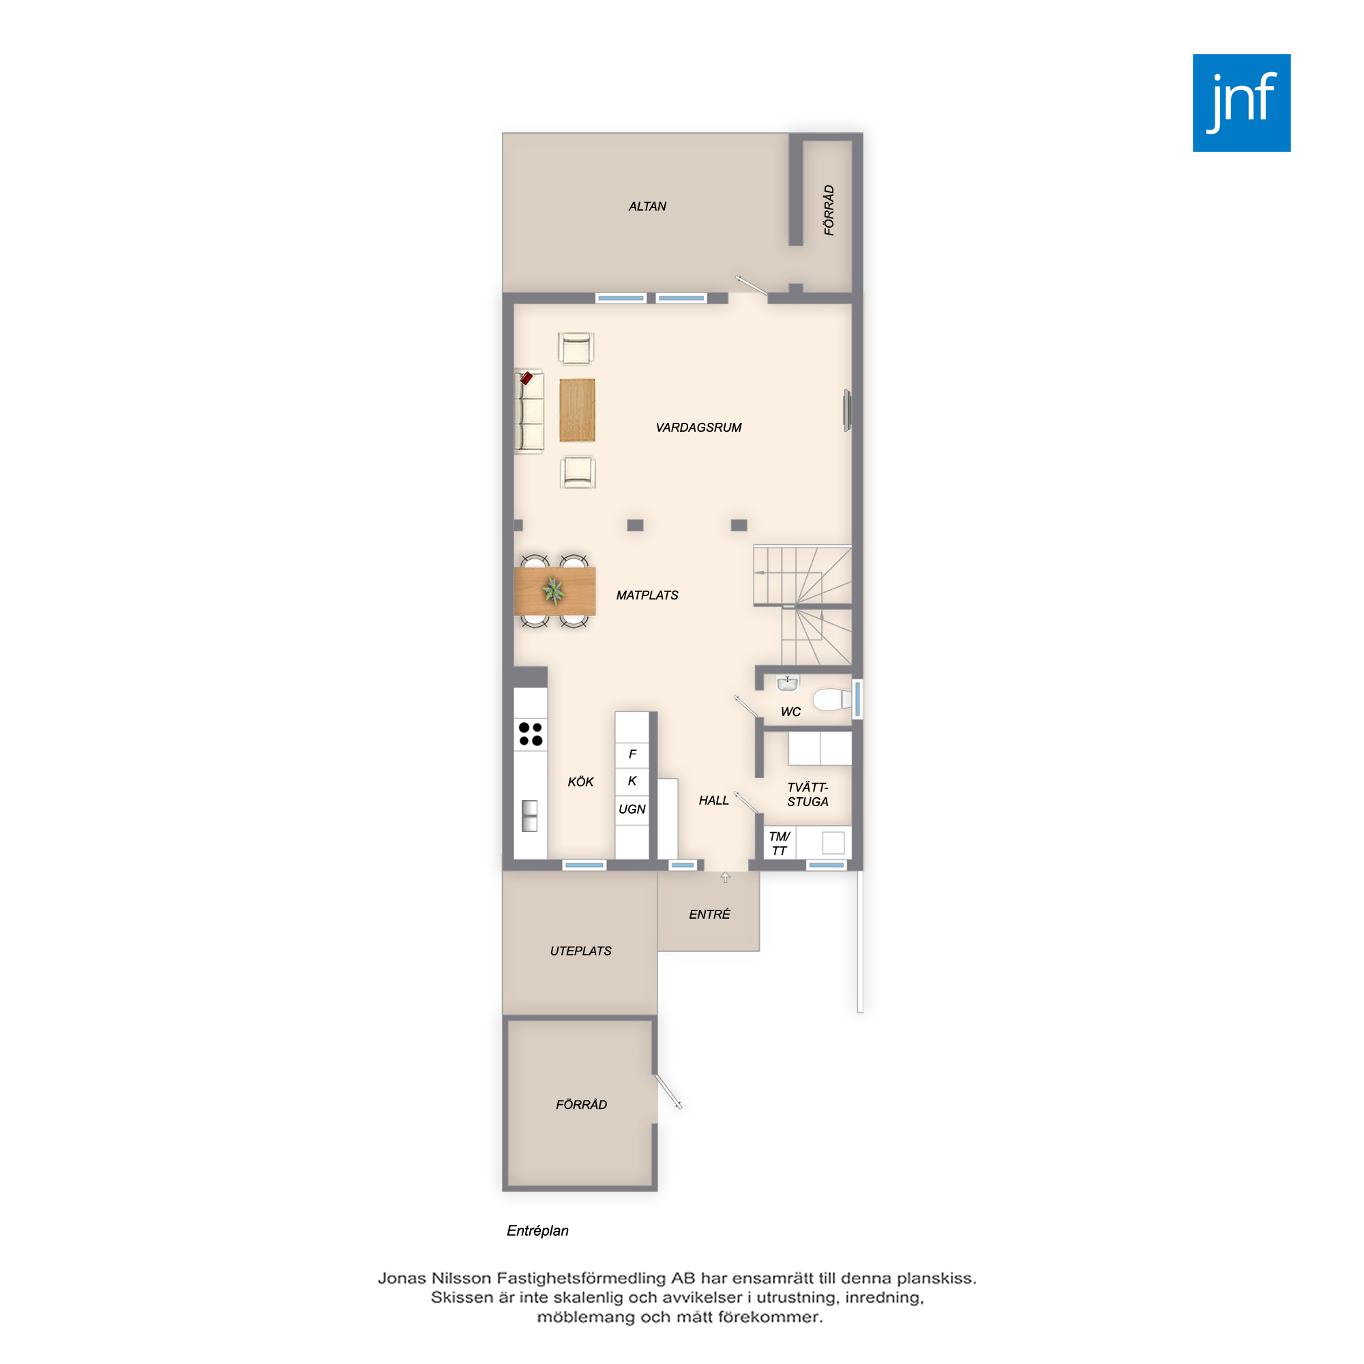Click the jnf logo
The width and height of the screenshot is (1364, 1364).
[x=1241, y=103]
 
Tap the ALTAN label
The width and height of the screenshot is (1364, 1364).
[x=647, y=206]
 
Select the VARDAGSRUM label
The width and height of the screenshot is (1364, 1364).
[x=698, y=427]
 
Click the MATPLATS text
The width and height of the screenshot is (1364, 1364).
[x=647, y=595]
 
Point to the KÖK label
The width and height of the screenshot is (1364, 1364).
[x=580, y=782]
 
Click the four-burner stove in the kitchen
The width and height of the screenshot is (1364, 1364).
[x=530, y=734]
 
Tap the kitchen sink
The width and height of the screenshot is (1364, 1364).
[x=529, y=816]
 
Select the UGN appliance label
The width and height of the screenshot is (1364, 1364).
[x=632, y=809]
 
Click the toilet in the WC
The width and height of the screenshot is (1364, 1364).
[x=831, y=699]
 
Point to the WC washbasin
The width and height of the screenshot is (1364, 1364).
[x=787, y=683]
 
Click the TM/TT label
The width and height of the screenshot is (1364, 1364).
[x=779, y=844]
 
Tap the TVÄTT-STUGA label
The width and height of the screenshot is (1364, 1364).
[x=807, y=795]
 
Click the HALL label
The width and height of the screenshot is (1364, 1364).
[x=713, y=800]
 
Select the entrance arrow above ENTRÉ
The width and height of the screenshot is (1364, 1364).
[x=725, y=878]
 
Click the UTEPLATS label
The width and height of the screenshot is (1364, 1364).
[x=580, y=951]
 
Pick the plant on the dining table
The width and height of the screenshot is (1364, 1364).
[x=554, y=591]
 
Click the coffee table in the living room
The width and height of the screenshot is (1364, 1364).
[x=577, y=410]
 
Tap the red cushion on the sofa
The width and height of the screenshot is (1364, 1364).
[x=526, y=379]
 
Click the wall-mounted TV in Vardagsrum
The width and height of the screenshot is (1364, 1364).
[x=847, y=410]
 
